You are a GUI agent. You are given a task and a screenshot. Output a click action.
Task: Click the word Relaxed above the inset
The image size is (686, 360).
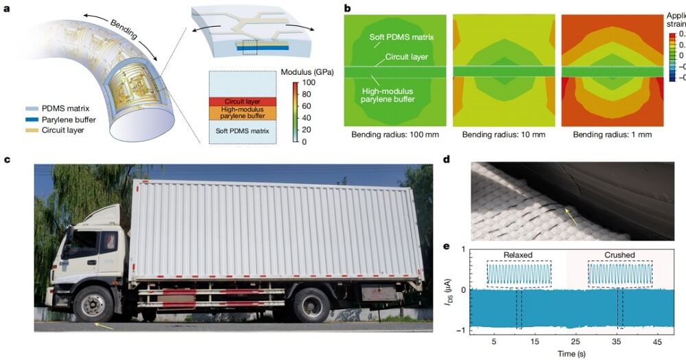pos(518,254)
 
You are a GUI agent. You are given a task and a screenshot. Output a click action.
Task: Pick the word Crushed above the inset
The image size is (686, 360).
pos(619,254)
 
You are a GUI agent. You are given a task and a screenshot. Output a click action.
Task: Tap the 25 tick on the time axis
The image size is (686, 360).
pos(575,341)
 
